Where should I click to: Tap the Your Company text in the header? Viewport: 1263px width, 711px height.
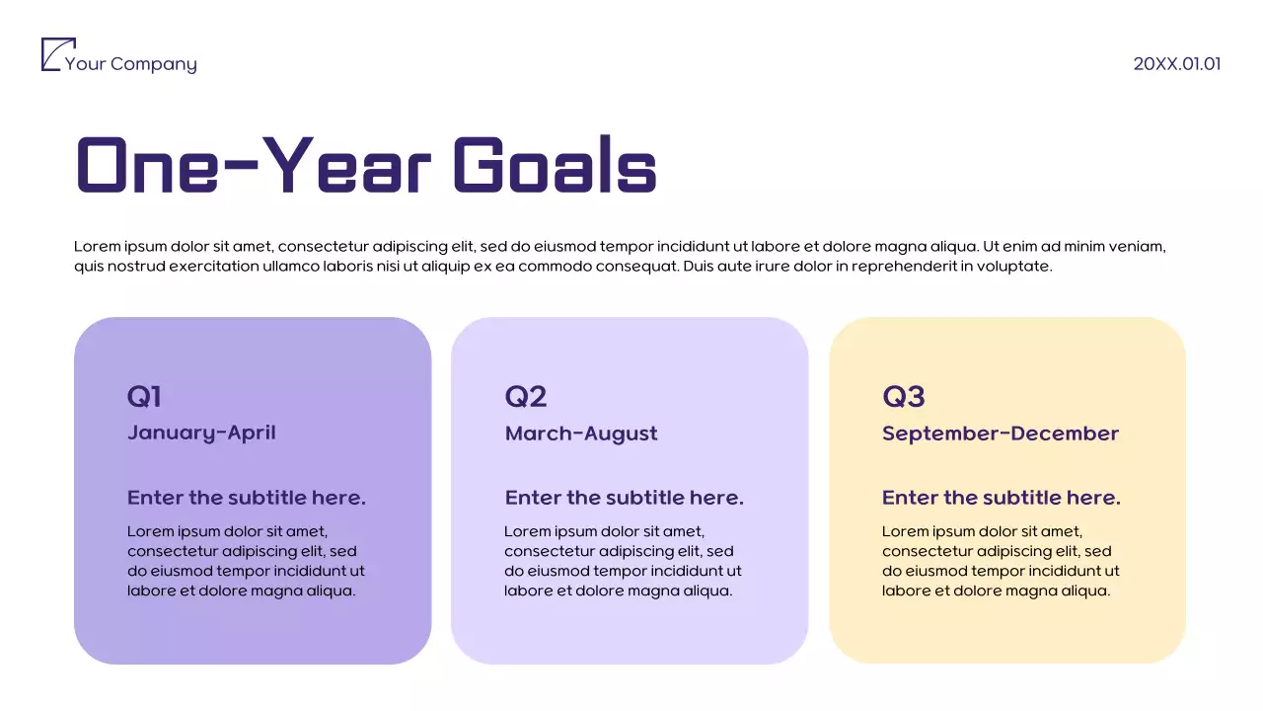pyautogui.click(x=130, y=64)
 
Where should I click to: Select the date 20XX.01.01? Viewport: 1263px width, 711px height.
pyautogui.click(x=1176, y=64)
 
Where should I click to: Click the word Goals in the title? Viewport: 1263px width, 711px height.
pyautogui.click(x=555, y=166)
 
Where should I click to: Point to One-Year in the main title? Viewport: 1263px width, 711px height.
pyautogui.click(x=254, y=166)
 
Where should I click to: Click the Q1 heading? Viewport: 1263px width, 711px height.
pyautogui.click(x=144, y=396)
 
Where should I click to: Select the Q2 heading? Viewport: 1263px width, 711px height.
pyautogui.click(x=525, y=396)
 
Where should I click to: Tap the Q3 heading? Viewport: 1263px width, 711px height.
pyautogui.click(x=903, y=396)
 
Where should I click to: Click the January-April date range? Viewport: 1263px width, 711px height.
pyautogui.click(x=201, y=433)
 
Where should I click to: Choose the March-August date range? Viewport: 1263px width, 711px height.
pyautogui.click(x=580, y=434)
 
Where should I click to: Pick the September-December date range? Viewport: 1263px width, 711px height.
pyautogui.click(x=1000, y=434)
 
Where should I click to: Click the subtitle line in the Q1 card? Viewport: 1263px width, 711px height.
pyautogui.click(x=246, y=498)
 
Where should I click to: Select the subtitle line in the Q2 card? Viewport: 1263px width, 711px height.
pyautogui.click(x=624, y=498)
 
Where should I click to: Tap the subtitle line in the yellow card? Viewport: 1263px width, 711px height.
pyautogui.click(x=1001, y=498)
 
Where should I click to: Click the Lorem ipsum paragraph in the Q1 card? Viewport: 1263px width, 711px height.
pyautogui.click(x=246, y=561)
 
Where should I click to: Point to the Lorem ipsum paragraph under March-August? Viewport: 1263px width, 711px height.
pyautogui.click(x=623, y=561)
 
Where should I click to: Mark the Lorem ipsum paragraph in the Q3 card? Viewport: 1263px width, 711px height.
pyautogui.click(x=1001, y=561)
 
